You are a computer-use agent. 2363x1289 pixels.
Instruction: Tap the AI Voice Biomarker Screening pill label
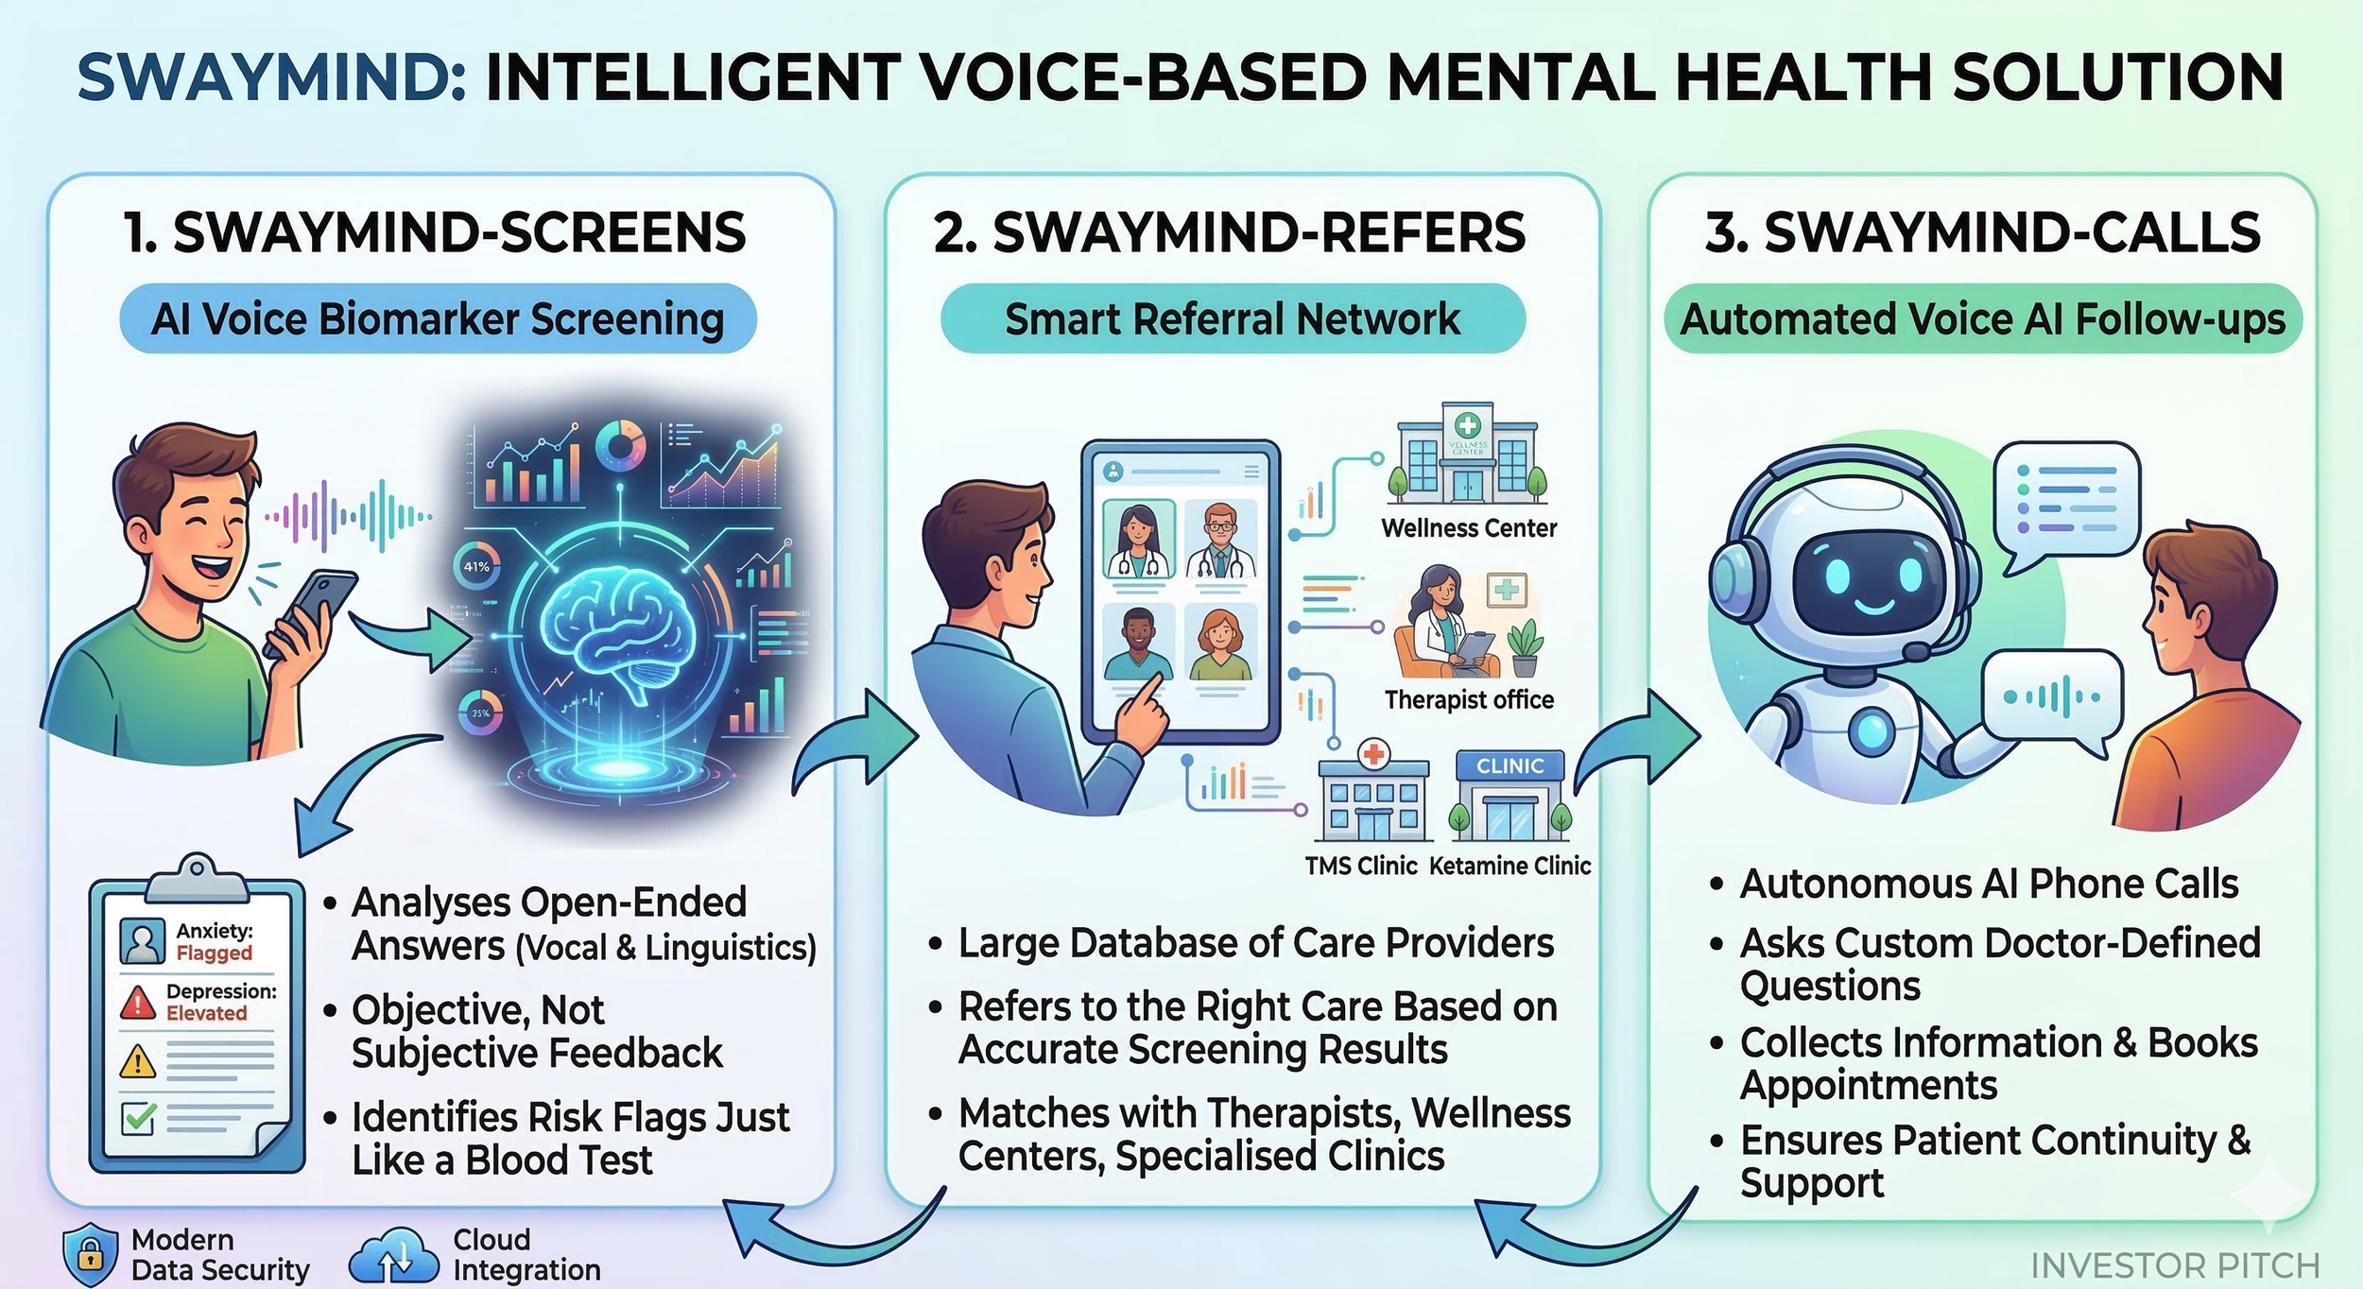(438, 319)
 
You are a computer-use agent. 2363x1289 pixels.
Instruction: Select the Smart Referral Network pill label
(1232, 319)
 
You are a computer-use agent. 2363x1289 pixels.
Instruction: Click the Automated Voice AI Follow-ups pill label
(1982, 319)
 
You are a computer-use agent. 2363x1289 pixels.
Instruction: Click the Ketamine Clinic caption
(1509, 866)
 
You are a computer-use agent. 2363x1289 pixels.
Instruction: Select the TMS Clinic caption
(1361, 866)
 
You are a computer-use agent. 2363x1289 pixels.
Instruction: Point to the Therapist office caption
(1469, 700)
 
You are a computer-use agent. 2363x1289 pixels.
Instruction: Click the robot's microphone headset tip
(1916, 652)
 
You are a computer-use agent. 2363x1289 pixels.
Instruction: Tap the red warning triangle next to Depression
(139, 1003)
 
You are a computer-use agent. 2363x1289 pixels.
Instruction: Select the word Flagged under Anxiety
(215, 953)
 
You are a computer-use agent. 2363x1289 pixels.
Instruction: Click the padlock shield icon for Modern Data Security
(90, 1254)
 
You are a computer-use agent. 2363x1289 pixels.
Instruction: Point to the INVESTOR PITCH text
(2174, 1265)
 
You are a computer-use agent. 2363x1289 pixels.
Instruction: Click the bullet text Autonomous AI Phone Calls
(1989, 885)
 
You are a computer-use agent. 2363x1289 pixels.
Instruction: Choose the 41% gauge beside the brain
(476, 567)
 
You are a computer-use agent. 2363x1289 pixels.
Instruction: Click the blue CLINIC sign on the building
(1509, 766)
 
